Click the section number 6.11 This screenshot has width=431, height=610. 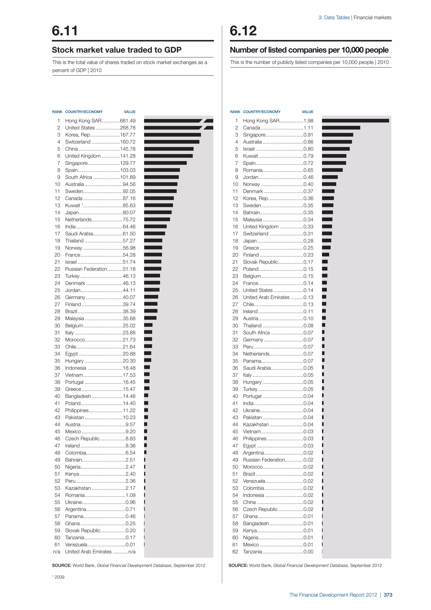65,31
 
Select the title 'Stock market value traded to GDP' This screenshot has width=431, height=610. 117,50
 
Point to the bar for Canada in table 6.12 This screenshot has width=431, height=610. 341,128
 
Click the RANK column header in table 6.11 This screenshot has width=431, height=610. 57,112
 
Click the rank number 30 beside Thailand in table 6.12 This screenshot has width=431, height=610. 235,326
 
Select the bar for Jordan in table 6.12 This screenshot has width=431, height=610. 330,177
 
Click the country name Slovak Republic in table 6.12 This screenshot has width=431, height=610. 260,262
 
